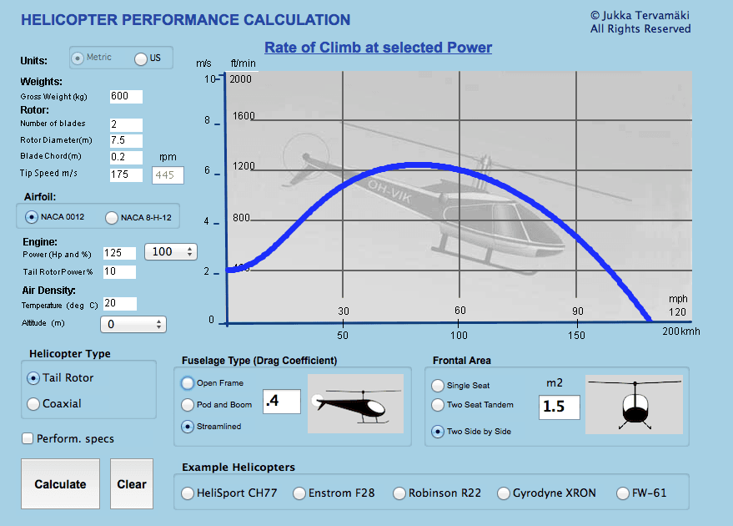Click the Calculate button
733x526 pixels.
[x=60, y=484]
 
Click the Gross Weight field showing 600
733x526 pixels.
[x=125, y=97]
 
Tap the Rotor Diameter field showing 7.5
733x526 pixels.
[x=125, y=140]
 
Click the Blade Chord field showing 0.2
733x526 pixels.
[x=125, y=157]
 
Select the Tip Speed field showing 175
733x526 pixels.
[x=125, y=174]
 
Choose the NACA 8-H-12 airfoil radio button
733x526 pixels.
[x=112, y=219]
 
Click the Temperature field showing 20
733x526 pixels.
[x=119, y=304]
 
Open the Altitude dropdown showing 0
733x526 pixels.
[x=133, y=324]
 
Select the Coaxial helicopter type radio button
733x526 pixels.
[x=33, y=404]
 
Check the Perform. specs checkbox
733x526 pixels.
[x=28, y=438]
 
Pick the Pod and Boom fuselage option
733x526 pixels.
[x=188, y=405]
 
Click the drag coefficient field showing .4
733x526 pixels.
[x=280, y=402]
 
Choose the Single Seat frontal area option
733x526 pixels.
[x=438, y=386]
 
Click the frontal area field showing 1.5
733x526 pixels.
[x=559, y=407]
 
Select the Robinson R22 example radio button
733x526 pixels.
[x=399, y=493]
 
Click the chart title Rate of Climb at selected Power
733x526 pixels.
[x=378, y=48]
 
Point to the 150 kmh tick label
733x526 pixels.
[x=575, y=335]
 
